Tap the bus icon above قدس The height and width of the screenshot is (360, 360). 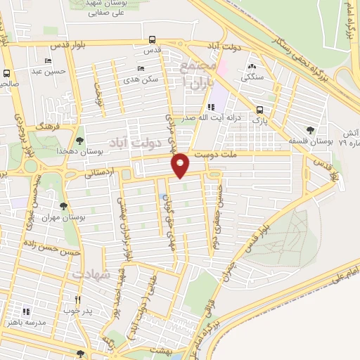point(153,40)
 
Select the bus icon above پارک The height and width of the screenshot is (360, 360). point(260,110)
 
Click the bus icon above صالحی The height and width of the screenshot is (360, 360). point(7,73)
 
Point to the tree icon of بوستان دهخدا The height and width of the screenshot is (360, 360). point(79,141)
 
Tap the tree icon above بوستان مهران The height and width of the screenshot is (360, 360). point(64,207)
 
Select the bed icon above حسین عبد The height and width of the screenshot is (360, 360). point(48,60)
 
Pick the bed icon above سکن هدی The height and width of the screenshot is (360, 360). point(141,69)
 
